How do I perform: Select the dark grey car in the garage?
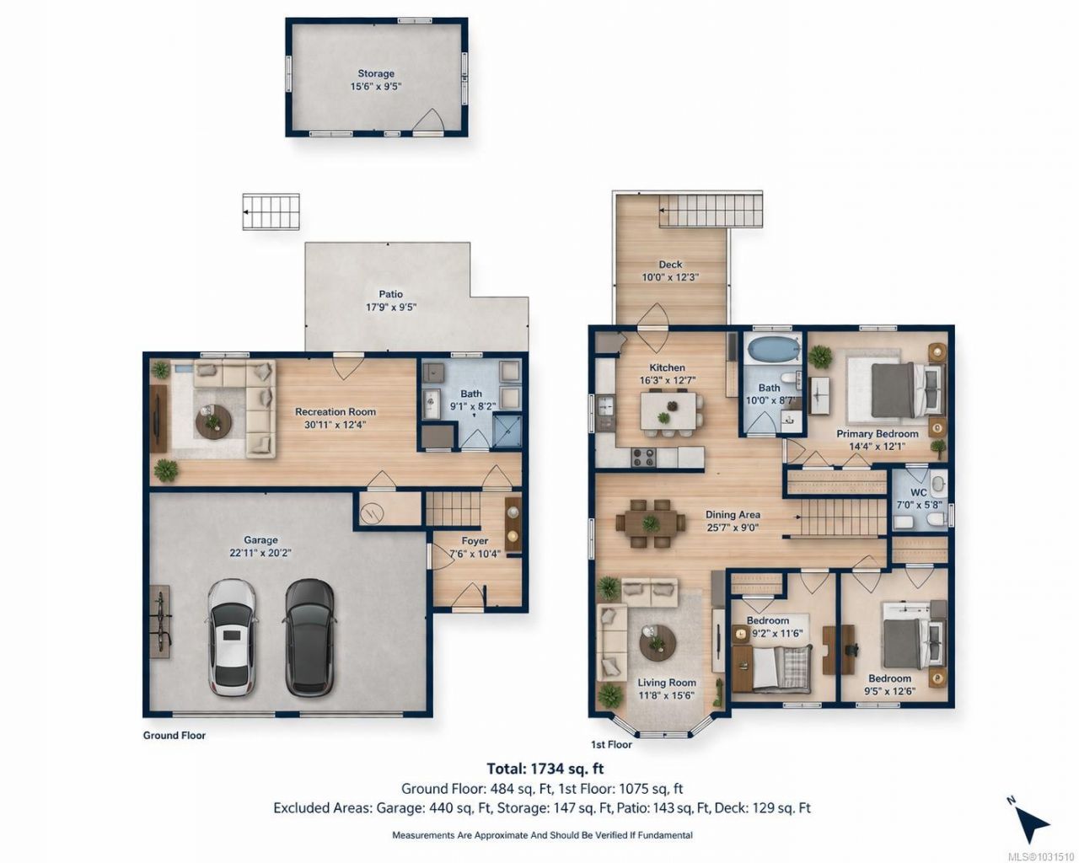pyautogui.click(x=309, y=638)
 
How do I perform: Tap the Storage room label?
pyautogui.click(x=376, y=73)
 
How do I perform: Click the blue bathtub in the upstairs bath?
pyautogui.click(x=771, y=349)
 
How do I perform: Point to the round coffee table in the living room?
pyautogui.click(x=658, y=643)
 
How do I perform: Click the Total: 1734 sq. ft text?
pyautogui.click(x=545, y=769)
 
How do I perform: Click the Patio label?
pyautogui.click(x=390, y=294)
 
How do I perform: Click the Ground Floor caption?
pyautogui.click(x=174, y=735)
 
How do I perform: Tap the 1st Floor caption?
pyautogui.click(x=611, y=745)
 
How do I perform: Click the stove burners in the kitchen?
pyautogui.click(x=644, y=457)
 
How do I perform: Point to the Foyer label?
pyautogui.click(x=475, y=541)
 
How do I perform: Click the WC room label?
pyautogui.click(x=918, y=492)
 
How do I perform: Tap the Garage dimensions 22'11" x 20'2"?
pyautogui.click(x=260, y=553)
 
